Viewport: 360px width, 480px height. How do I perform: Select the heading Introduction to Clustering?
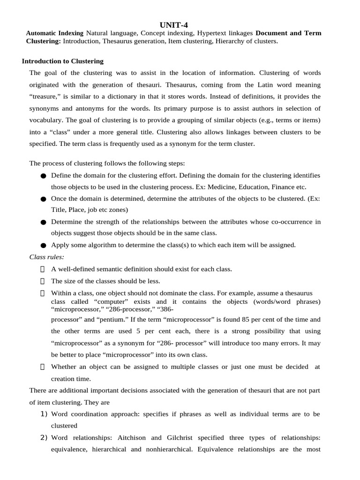click(x=63, y=61)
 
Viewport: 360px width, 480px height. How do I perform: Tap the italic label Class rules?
click(x=47, y=257)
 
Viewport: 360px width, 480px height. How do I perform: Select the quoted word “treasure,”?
click(x=45, y=97)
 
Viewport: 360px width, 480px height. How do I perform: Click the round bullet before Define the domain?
click(x=44, y=176)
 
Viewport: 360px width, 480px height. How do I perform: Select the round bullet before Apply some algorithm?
click(x=44, y=245)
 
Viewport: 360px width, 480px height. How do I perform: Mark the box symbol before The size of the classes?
click(x=43, y=281)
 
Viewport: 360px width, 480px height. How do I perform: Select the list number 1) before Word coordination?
click(x=44, y=414)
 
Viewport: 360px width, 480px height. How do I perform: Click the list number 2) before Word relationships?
click(x=44, y=437)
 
